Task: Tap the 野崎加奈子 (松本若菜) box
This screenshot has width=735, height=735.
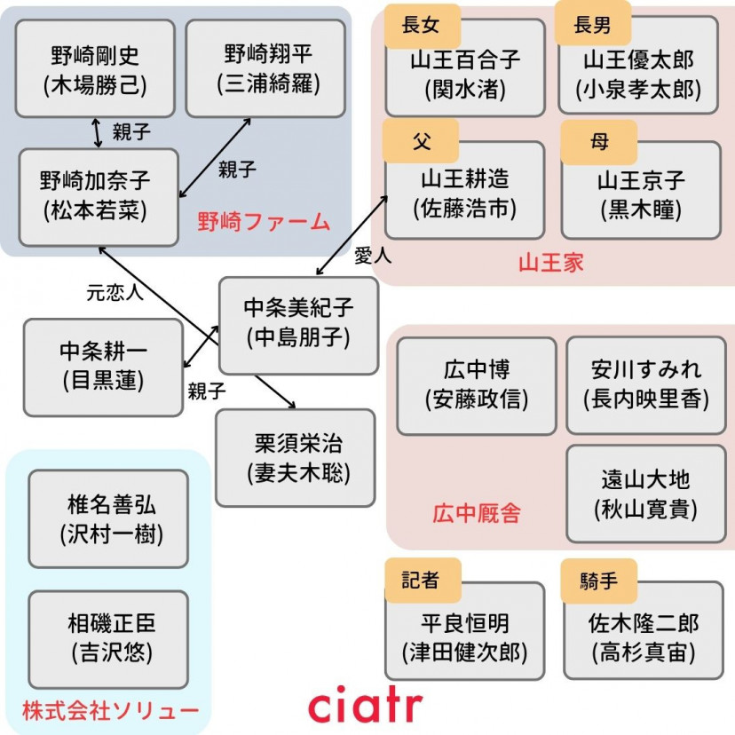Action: pyautogui.click(x=99, y=196)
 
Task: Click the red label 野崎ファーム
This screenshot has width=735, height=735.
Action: pyautogui.click(x=263, y=221)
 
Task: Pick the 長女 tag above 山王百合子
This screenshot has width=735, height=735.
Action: pyautogui.click(x=420, y=24)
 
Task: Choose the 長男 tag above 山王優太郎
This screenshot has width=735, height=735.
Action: pyautogui.click(x=592, y=24)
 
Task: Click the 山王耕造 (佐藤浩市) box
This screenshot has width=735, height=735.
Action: pyautogui.click(x=464, y=194)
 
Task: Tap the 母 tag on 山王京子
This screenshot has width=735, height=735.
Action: pyautogui.click(x=599, y=142)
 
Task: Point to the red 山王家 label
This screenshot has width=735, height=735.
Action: pyautogui.click(x=550, y=262)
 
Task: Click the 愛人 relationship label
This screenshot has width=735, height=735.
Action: pyautogui.click(x=373, y=257)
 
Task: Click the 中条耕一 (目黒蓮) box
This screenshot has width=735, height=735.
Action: pyautogui.click(x=103, y=367)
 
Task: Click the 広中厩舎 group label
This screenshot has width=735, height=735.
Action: pyautogui.click(x=477, y=512)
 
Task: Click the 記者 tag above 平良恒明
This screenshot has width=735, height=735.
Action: pyautogui.click(x=420, y=581)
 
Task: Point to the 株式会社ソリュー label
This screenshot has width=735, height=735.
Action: pyautogui.click(x=110, y=710)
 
